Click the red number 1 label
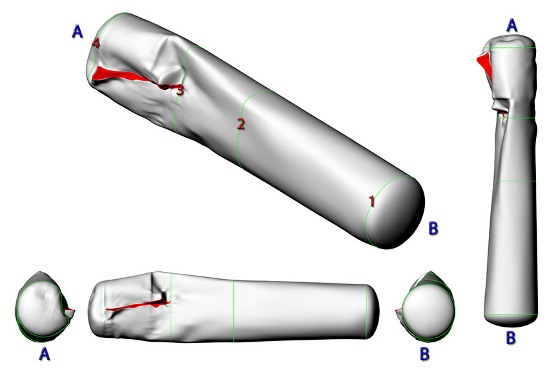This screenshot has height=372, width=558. [371, 201]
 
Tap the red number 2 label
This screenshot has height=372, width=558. [241, 124]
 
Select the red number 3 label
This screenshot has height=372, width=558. [180, 90]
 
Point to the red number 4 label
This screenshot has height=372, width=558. [96, 43]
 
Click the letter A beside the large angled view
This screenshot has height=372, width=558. [77, 32]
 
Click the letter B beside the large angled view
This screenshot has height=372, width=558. [434, 227]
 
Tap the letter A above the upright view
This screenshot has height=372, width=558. [512, 25]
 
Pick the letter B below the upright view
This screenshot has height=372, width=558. [510, 337]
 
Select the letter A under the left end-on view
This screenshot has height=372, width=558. [44, 353]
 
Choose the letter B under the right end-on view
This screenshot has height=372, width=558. [424, 353]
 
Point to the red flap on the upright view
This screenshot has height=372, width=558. [484, 64]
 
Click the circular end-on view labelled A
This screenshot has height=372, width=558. [42, 309]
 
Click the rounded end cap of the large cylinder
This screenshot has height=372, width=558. [404, 213]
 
